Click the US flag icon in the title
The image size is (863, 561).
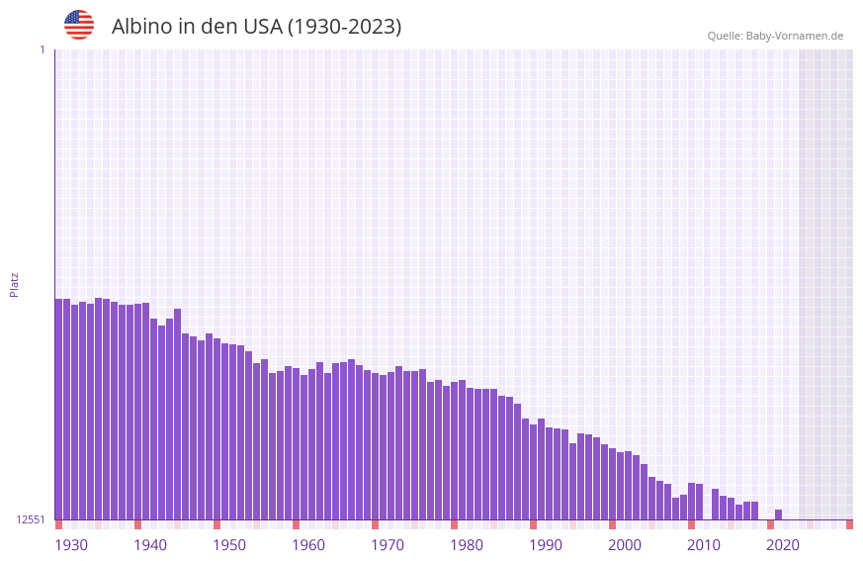tap(79, 25)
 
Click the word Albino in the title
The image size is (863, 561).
tap(142, 27)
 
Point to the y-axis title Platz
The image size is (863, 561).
tap(14, 284)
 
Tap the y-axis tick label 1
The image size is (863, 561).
tap(42, 49)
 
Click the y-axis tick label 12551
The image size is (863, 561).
tap(31, 519)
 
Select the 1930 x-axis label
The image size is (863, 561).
tap(71, 545)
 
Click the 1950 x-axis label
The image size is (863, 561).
tap(229, 545)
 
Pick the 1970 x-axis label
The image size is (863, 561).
tap(388, 545)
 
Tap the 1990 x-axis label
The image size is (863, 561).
tap(546, 545)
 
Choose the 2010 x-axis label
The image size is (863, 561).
tap(704, 545)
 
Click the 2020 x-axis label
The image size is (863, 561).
tap(783, 545)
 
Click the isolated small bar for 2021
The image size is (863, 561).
tap(779, 514)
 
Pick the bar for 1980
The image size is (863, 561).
tap(454, 451)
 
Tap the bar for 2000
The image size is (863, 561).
tap(612, 484)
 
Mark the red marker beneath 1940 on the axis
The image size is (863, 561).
tap(137, 524)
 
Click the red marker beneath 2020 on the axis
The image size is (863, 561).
tap(770, 524)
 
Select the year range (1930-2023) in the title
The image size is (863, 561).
tap(344, 27)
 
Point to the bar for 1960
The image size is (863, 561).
tap(296, 444)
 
